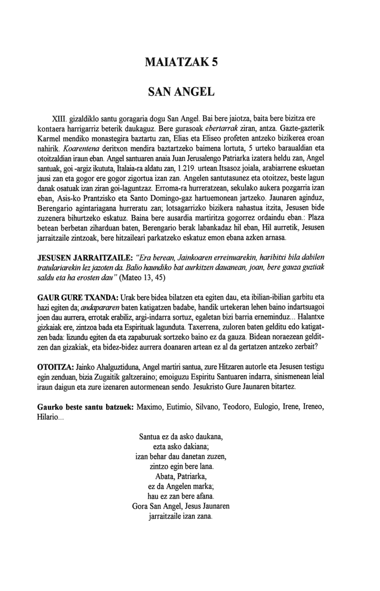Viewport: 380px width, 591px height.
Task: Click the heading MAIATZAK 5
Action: [x=181, y=62]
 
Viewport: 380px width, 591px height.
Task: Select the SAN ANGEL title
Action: [x=181, y=92]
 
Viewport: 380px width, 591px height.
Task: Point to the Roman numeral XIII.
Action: [x=58, y=118]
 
